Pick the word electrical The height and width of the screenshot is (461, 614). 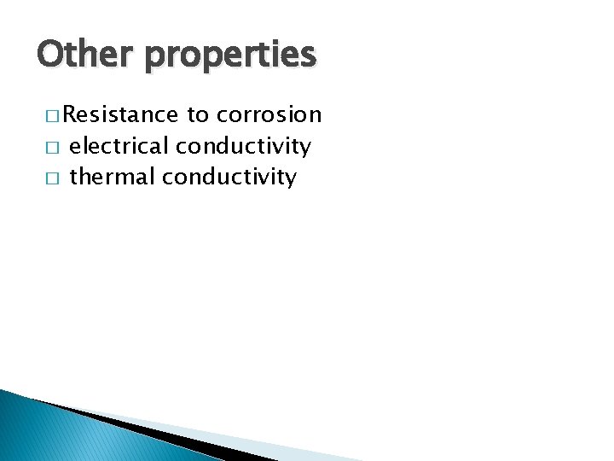coord(119,146)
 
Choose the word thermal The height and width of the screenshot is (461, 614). coord(112,177)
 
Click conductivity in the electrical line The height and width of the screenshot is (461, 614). coord(243,147)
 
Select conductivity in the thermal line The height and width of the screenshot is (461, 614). coord(229,178)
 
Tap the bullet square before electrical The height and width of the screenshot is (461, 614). coord(52,147)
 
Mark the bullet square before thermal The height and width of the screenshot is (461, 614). coord(52,178)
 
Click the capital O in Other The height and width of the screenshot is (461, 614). coord(49,55)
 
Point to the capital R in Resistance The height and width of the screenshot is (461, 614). coord(69,114)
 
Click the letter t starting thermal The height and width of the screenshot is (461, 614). coord(73,177)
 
